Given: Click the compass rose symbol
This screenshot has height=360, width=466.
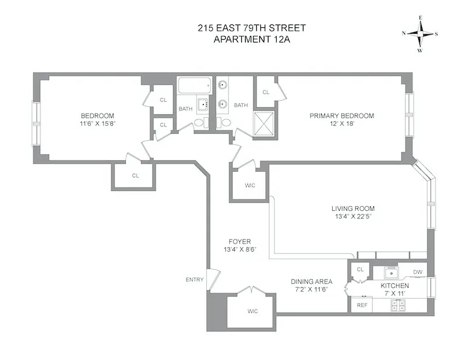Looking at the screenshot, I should click(x=420, y=33).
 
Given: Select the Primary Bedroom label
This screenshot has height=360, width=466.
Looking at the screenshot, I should click(x=341, y=116).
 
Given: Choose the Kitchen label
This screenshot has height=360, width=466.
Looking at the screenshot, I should click(x=394, y=286).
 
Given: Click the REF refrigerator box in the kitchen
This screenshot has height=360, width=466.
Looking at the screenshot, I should click(x=361, y=305).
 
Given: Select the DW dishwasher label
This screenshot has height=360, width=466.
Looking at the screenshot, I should click(x=417, y=272).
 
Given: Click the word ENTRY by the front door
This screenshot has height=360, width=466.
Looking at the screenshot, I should click(x=195, y=280).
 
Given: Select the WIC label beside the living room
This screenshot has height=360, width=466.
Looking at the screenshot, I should click(x=249, y=186).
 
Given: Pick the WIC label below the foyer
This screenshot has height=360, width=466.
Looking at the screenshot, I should click(x=252, y=311).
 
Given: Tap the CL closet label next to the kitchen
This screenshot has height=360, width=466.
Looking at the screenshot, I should click(x=360, y=269).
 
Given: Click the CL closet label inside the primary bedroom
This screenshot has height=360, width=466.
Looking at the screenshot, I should click(x=266, y=92).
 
